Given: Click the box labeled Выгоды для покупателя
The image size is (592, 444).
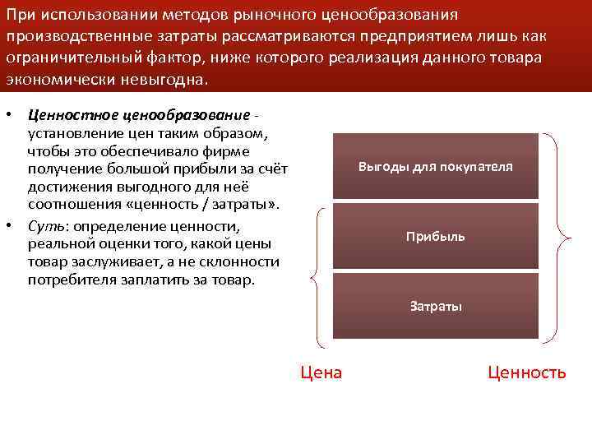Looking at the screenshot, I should click(436, 167).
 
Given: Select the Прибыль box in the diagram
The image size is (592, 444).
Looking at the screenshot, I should click(436, 237).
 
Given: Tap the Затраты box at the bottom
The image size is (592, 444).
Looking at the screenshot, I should click(436, 307).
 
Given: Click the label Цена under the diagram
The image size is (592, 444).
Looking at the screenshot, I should click(321, 372).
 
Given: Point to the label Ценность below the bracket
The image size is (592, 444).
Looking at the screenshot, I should click(526, 372).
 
